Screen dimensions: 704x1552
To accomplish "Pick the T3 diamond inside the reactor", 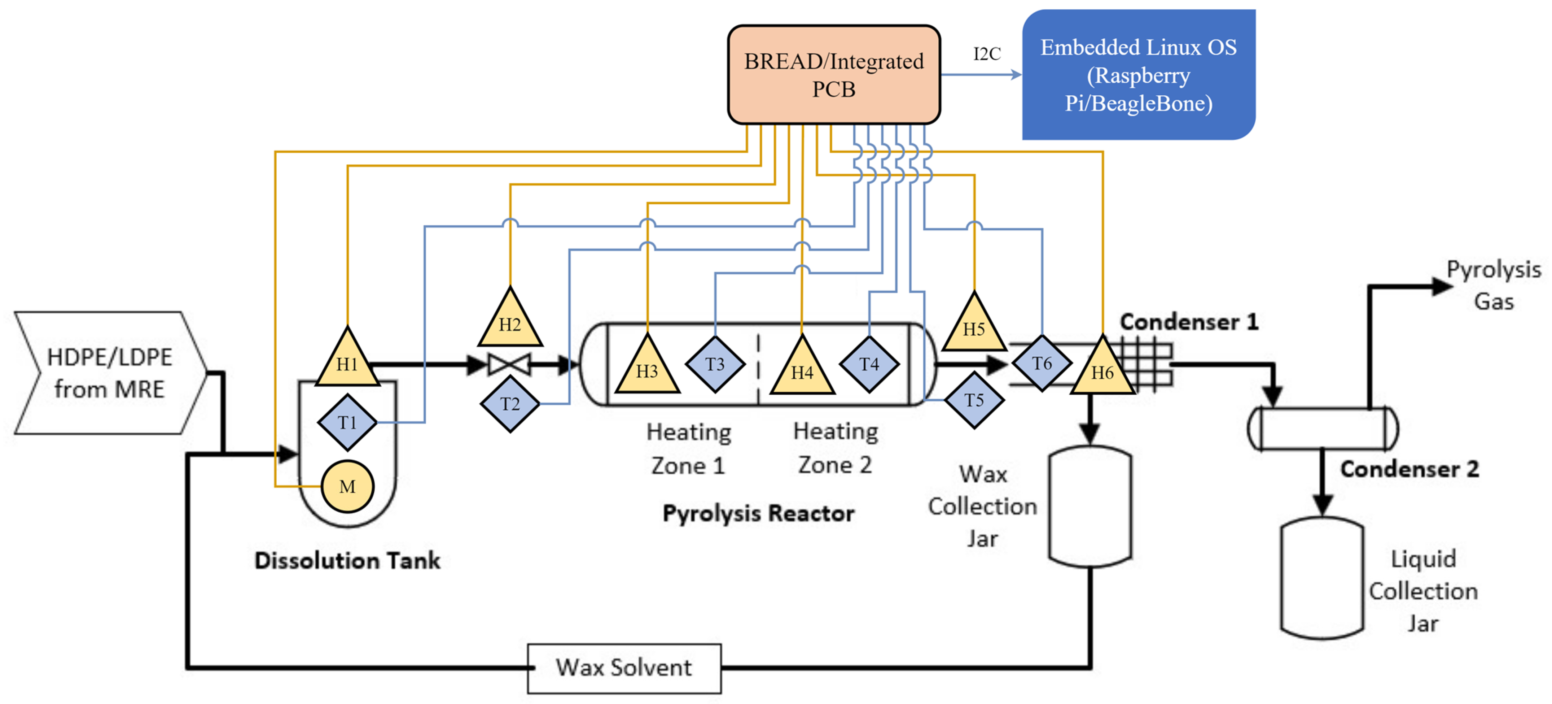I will click(715, 364).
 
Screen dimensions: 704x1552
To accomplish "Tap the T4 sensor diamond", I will click(869, 364).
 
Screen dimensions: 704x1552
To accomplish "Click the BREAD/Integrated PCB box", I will click(834, 75).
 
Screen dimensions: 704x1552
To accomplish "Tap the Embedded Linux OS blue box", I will click(1138, 75).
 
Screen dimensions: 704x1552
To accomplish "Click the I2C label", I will click(987, 54).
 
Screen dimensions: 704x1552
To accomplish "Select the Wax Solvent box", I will click(624, 668).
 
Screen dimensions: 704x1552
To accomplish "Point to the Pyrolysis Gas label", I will click(1494, 284).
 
